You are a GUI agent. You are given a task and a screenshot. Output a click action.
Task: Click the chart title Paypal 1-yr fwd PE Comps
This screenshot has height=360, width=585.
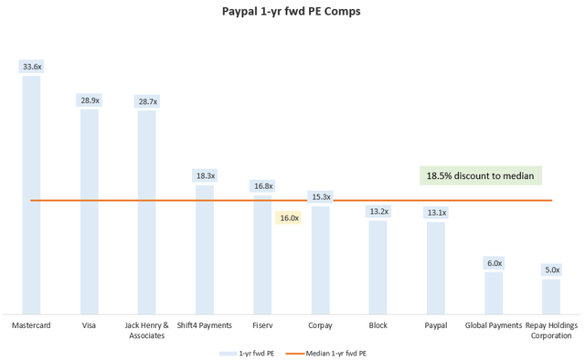pos(292,12)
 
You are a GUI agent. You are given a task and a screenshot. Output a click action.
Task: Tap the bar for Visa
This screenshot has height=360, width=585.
pos(89,210)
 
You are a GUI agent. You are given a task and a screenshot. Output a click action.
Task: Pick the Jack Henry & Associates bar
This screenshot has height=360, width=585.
pos(146,211)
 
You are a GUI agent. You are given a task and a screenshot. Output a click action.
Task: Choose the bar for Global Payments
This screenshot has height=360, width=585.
pos(494,291)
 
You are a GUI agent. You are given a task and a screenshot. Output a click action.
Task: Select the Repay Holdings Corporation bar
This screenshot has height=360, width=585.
pos(551,295)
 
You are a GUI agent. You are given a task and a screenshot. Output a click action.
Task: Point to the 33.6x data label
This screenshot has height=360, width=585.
pos(31,66)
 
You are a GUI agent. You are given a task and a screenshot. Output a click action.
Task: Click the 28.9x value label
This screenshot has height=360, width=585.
pos(89,100)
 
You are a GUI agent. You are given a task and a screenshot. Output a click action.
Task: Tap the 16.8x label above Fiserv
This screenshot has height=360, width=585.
pos(262,186)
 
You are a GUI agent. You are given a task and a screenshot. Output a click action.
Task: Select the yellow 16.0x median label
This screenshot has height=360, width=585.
pos(288,218)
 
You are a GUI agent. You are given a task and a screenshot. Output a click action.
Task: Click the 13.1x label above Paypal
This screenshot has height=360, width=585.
pos(436,213)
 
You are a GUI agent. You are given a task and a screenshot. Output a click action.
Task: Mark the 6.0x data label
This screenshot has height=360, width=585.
pos(494,263)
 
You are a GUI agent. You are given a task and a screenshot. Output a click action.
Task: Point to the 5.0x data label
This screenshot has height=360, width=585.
pos(551,270)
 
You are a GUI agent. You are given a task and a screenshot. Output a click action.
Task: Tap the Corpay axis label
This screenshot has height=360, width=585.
pos(320,325)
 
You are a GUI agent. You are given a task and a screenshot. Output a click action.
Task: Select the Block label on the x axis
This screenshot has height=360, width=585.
pos(378,325)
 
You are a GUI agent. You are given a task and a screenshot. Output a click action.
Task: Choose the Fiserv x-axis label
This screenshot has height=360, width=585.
pos(262,325)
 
